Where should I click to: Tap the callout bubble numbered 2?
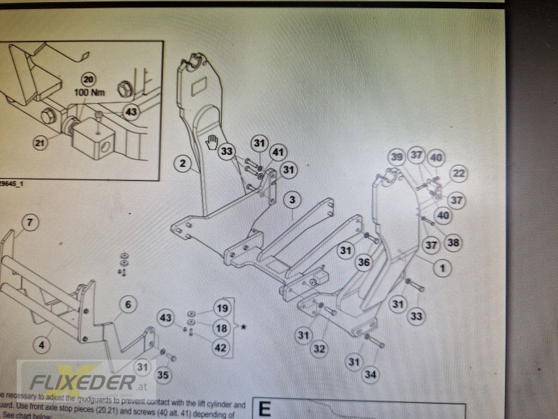182,165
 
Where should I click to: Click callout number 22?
458,173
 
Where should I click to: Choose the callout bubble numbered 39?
397,158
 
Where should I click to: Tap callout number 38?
453,243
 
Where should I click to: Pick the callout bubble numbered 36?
363,263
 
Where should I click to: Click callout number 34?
370,375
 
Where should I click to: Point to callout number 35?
163,376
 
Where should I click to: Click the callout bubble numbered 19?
221,309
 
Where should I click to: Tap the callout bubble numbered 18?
221,328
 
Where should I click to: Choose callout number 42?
221,348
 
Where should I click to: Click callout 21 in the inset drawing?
41,143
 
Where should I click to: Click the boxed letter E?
264,409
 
